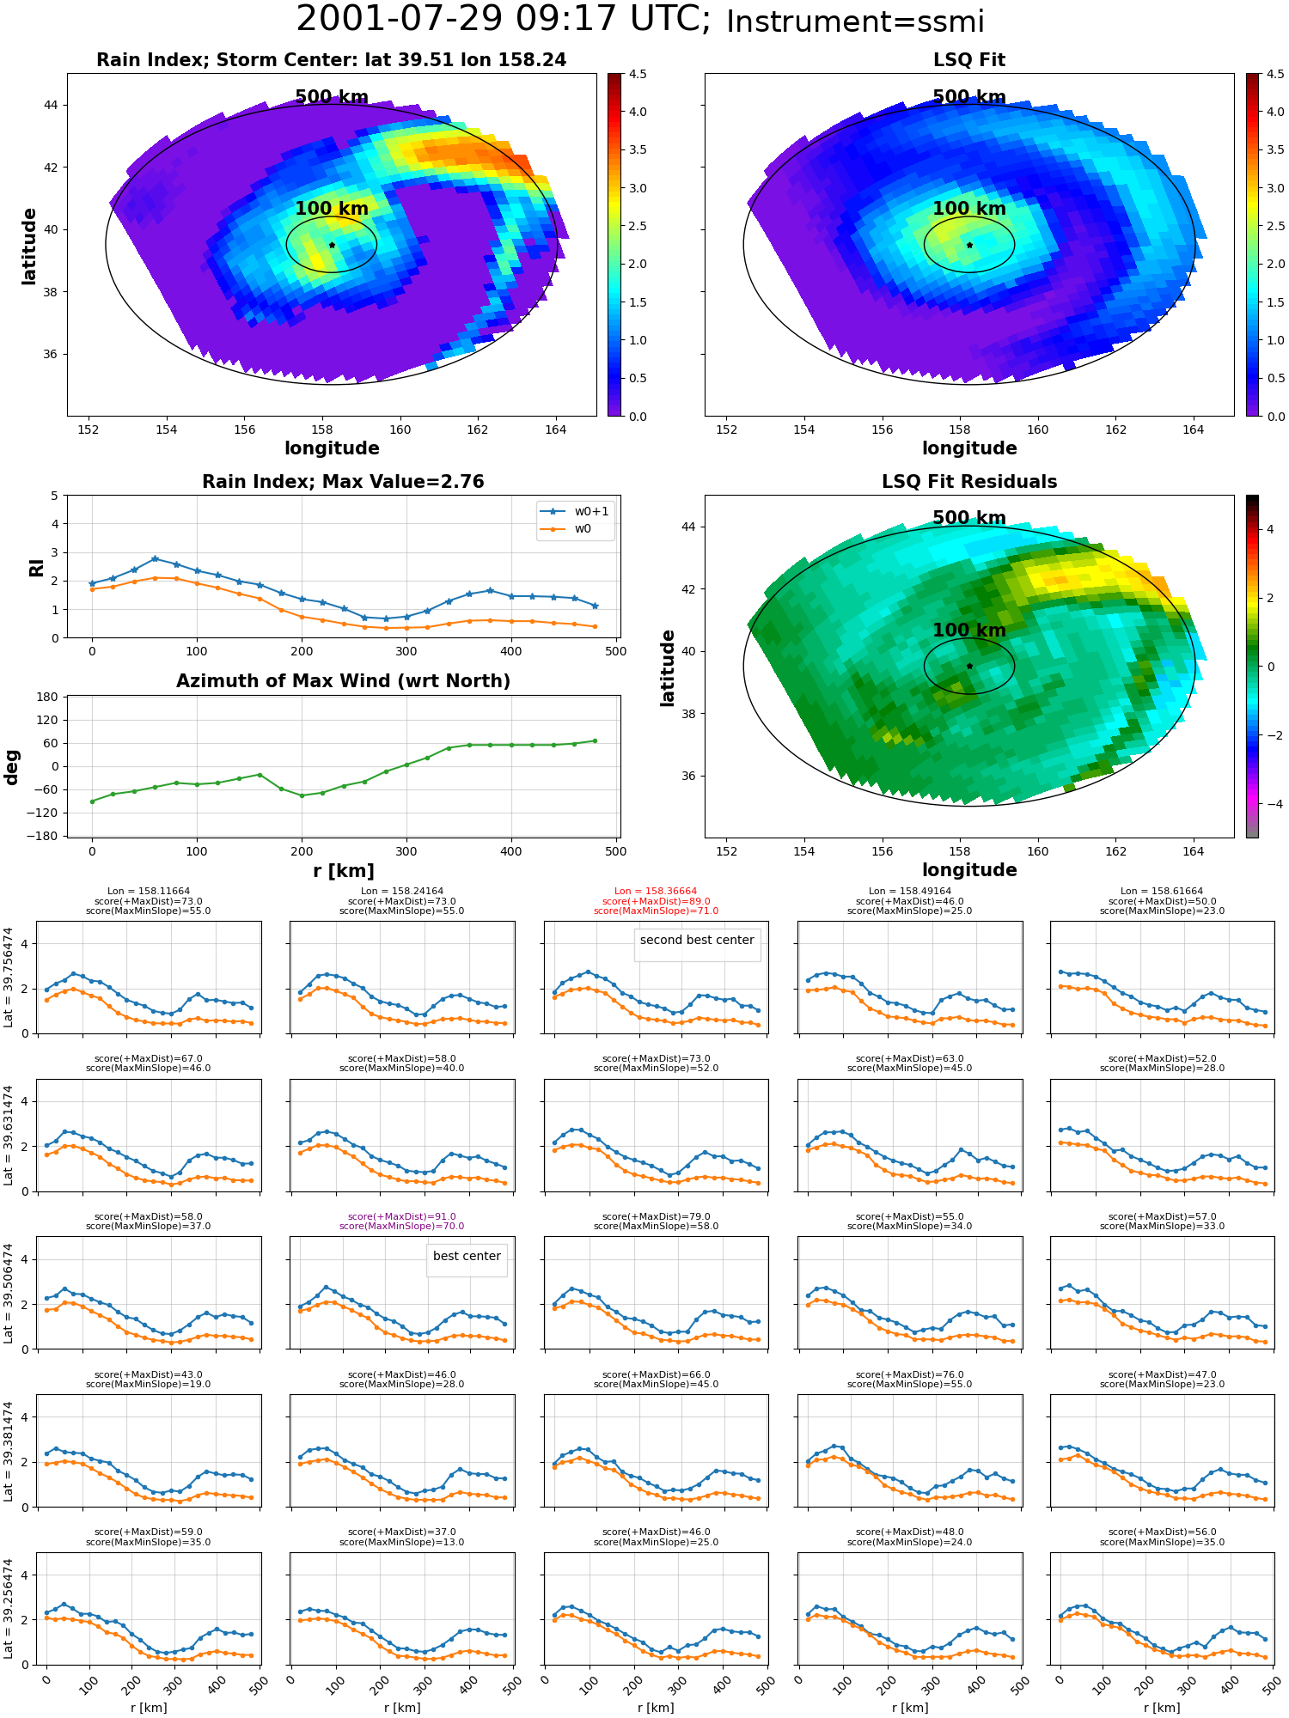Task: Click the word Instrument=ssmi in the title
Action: coord(855,22)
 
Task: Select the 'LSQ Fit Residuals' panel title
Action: coord(969,482)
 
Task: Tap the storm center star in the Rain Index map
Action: coord(332,245)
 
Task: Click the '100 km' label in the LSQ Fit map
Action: coord(969,209)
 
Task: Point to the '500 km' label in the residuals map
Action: coord(969,518)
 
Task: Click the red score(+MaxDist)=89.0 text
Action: coord(656,901)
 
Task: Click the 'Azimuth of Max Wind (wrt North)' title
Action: coord(343,681)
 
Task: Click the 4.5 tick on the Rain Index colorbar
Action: coord(638,74)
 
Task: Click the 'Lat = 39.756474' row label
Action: coord(9,977)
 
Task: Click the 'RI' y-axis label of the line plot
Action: coord(36,567)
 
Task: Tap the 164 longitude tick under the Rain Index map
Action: coord(555,429)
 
